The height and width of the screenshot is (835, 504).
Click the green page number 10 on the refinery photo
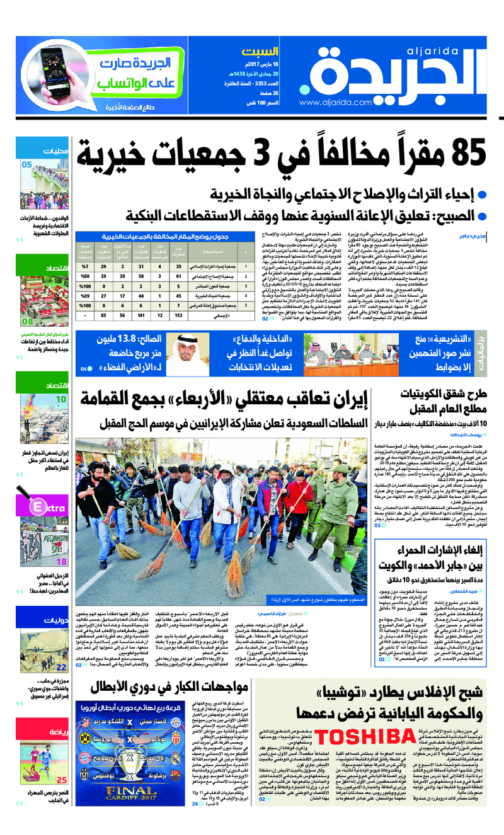pos(62,399)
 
